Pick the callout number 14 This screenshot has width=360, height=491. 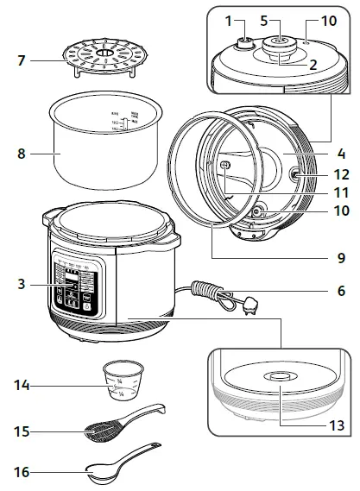coord(21,385)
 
